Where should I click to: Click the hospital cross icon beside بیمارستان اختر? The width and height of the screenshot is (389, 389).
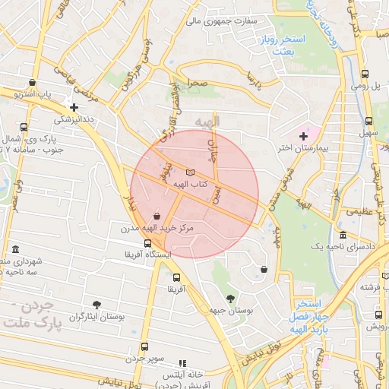click(304, 135)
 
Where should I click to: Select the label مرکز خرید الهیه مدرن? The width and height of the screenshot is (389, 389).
click(157, 227)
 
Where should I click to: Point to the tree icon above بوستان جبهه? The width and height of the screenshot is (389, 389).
click(230, 298)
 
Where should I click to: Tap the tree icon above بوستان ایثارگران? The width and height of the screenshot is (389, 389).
click(96, 305)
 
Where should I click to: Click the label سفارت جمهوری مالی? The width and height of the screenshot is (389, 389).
click(219, 21)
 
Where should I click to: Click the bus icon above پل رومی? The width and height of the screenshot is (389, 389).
click(366, 74)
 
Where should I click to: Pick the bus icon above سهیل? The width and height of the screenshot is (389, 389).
click(369, 122)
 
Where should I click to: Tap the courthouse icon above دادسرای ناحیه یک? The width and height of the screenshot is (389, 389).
click(343, 236)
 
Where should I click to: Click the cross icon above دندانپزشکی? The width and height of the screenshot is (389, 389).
click(74, 108)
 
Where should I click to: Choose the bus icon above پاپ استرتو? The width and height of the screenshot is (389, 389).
click(31, 83)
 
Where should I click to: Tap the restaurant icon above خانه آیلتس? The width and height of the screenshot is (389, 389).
click(182, 364)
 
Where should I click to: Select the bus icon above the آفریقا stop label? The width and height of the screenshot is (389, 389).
click(176, 277)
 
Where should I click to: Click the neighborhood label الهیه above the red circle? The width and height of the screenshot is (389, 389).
click(206, 122)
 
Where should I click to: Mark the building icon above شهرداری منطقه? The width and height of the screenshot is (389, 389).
click(16, 250)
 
